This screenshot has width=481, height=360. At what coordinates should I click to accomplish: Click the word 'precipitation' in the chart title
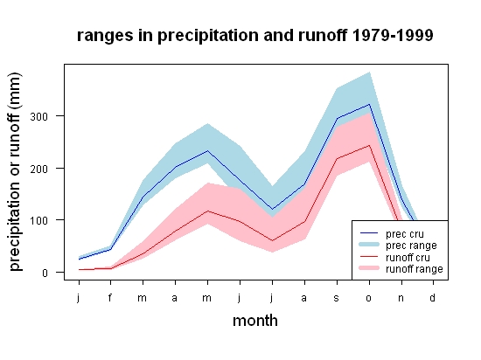click(x=208, y=36)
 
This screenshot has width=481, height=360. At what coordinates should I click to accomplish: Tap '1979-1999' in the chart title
click(x=393, y=35)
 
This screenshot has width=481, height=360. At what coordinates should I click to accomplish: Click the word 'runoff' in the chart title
click(x=323, y=35)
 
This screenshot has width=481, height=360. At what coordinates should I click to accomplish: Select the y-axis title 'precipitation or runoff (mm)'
click(x=15, y=172)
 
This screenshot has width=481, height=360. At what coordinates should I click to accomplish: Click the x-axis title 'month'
click(x=255, y=321)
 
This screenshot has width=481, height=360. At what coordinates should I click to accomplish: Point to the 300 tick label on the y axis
click(x=39, y=116)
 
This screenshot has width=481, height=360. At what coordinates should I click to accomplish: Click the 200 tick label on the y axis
click(x=39, y=169)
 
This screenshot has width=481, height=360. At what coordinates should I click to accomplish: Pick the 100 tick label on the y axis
click(x=39, y=220)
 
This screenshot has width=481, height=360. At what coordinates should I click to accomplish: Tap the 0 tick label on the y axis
click(x=45, y=273)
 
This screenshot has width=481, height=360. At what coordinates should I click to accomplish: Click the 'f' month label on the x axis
click(x=110, y=297)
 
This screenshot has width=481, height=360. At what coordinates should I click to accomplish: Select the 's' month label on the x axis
click(x=337, y=298)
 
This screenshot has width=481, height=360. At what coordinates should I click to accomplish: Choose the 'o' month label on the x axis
click(x=369, y=298)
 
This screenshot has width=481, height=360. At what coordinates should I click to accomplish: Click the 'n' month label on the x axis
click(x=401, y=298)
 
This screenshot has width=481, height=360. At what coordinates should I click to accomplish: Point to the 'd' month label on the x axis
click(x=432, y=297)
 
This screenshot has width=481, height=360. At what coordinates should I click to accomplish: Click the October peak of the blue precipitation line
click(x=369, y=104)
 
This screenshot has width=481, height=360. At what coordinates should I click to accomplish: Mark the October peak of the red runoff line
click(x=369, y=145)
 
